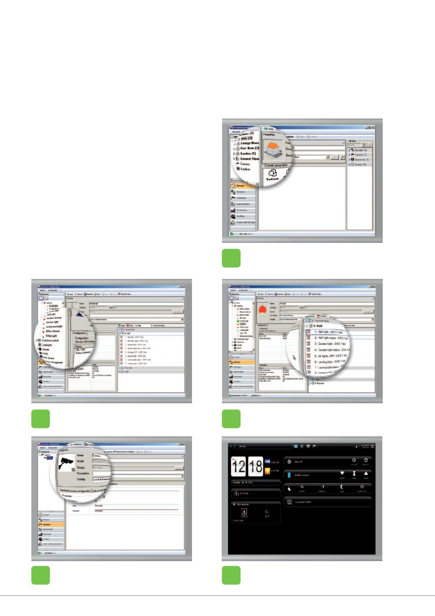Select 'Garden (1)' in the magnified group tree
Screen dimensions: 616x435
pos(248,154)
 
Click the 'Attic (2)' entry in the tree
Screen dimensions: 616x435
pos(246,138)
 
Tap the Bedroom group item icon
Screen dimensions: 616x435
pos(272,174)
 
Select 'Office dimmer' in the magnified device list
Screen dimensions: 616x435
pos(53,331)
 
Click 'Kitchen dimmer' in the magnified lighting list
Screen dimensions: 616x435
pos(54,318)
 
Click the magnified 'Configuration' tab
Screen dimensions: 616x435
pos(79,333)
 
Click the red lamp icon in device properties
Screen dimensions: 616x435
pos(262,309)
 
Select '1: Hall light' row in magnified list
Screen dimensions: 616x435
pos(328,332)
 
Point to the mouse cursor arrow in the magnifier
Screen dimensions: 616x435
pos(294,357)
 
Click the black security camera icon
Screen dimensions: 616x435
pos(67,463)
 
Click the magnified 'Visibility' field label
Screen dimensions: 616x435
pos(81,479)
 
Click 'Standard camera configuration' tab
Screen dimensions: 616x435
pos(75,490)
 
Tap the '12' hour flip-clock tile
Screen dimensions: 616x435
pos(239,467)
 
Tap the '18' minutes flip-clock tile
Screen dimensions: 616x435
pos(255,467)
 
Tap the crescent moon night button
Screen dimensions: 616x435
pos(342,487)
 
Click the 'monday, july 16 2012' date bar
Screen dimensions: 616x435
pos(255,482)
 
